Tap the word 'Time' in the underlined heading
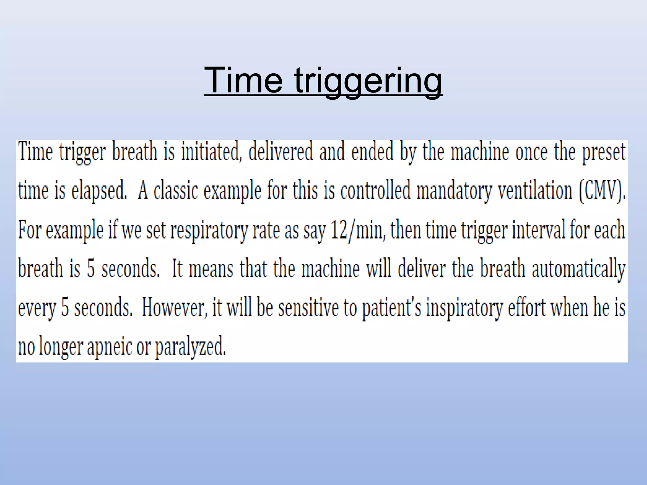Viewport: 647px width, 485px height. coord(243,80)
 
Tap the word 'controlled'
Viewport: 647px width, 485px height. coord(375,190)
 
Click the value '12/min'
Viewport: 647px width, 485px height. coord(357,230)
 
